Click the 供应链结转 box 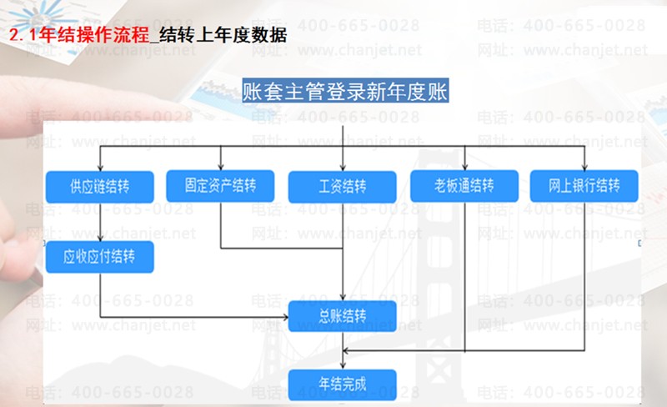pos(99,186)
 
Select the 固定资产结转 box pos(220,184)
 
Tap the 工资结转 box pos(343,186)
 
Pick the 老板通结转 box pos(464,186)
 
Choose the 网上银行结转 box pos(584,186)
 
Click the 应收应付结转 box pos(99,257)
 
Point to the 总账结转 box pos(343,316)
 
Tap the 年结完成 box pos(343,384)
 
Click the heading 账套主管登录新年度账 pos(345,92)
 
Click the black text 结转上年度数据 pos(222,36)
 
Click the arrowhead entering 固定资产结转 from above pos(220,165)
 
